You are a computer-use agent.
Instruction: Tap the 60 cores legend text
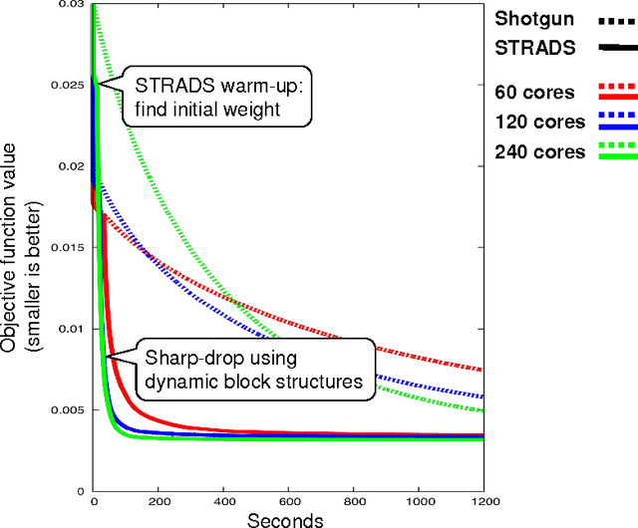533,92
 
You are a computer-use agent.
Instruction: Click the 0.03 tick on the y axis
73,5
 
